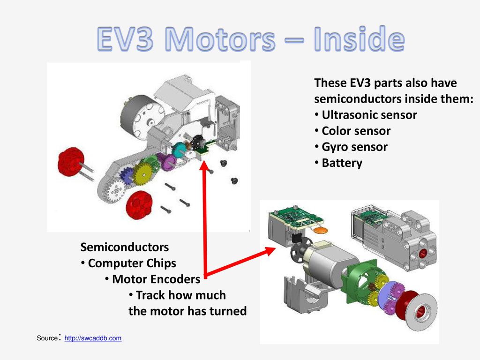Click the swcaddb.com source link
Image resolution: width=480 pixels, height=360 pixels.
93,338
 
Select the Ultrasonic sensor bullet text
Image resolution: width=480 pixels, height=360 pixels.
369,115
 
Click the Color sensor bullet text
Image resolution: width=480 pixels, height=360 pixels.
356,131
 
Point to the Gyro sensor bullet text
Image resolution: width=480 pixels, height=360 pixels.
354,147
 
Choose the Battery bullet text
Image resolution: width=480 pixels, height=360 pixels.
342,163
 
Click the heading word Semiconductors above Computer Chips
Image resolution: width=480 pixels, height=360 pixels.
125,247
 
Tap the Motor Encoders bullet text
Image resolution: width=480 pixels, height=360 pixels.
156,279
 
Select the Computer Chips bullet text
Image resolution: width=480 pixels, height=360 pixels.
132,263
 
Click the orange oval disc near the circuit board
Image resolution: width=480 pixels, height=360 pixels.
321,230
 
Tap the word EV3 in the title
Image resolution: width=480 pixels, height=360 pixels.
125,39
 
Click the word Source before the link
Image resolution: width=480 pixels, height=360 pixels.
47,338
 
